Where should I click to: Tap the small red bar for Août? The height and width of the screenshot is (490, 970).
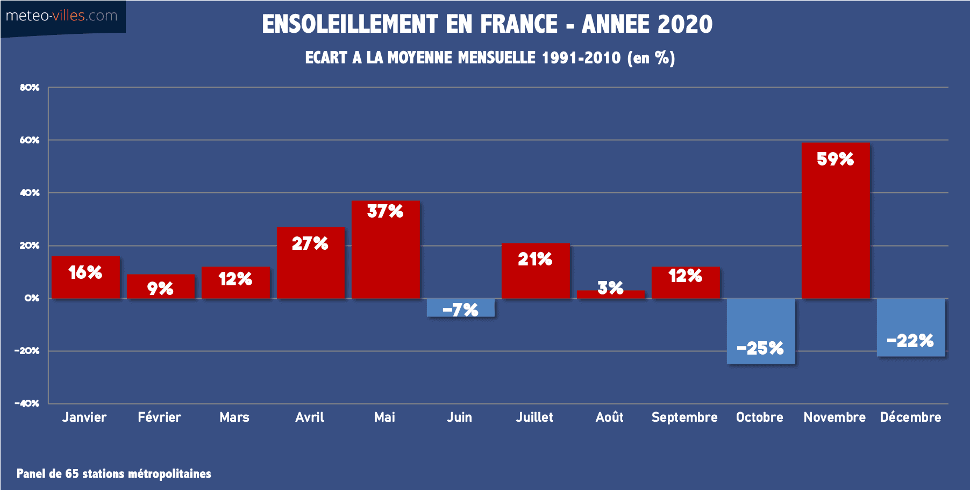(610, 294)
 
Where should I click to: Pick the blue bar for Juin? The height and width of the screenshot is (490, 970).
(460, 307)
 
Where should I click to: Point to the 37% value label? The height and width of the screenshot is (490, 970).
(385, 211)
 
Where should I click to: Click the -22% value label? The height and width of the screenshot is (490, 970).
(910, 341)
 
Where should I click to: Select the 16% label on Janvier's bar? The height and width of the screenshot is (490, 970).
(85, 272)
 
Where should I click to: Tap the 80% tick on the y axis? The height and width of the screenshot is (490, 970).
(30, 87)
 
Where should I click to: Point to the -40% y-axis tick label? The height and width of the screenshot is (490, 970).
(27, 403)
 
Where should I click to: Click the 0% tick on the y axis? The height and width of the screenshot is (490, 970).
(32, 298)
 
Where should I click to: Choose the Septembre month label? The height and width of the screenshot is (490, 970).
(684, 417)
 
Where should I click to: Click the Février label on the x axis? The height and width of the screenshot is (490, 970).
(159, 417)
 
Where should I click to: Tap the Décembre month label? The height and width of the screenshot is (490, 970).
(910, 417)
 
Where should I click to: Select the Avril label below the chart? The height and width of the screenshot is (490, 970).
(310, 417)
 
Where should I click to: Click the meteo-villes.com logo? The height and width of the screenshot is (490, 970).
(62, 16)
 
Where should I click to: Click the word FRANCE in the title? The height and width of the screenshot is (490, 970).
(518, 24)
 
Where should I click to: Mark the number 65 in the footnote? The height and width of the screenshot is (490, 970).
(72, 473)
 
